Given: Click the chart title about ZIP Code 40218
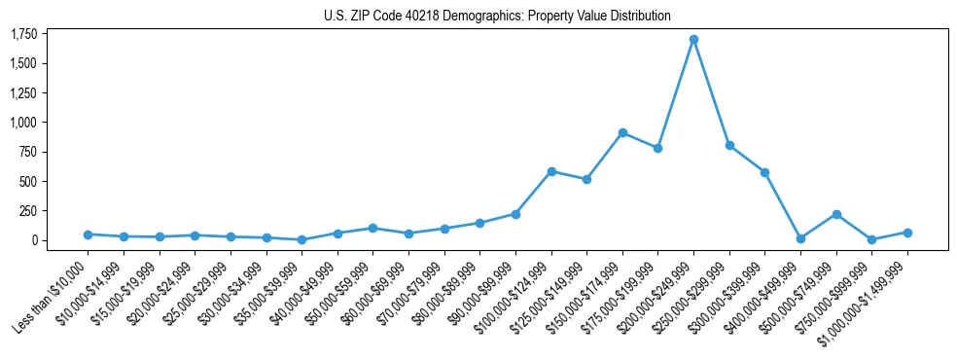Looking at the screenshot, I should tap(497, 17).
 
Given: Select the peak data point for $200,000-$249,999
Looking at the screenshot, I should tap(693, 40).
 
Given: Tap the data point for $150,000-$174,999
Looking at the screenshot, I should tap(622, 132).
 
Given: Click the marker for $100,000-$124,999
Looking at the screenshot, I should tap(551, 171).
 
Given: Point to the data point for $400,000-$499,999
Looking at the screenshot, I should tap(800, 238).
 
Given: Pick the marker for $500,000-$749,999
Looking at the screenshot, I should tap(836, 214).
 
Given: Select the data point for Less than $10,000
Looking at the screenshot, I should tap(88, 234).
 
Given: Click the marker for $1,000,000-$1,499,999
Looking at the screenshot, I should tap(907, 233).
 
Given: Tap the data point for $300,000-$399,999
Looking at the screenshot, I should tap(764, 172).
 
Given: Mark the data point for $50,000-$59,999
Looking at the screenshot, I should tap(372, 228).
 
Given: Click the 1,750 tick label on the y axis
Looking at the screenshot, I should tap(22, 34).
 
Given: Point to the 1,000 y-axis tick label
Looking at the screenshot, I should tap(22, 123).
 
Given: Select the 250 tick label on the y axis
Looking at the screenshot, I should tap(27, 210).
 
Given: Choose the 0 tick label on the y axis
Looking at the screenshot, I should tap(34, 240).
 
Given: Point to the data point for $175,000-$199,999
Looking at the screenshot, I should tap(657, 148).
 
